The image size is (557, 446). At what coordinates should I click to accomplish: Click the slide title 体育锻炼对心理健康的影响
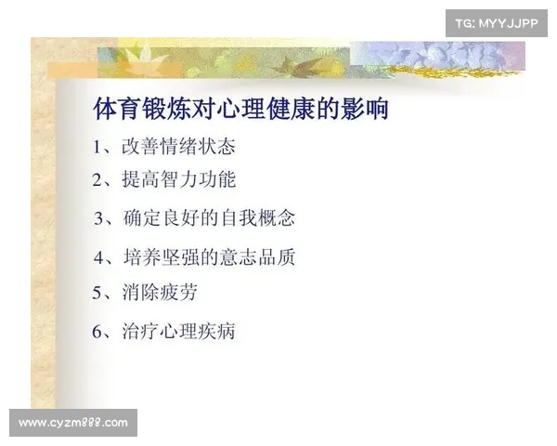point(240,109)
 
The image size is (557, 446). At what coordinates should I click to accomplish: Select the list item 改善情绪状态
point(177,147)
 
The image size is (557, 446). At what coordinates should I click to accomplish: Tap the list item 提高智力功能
point(178,180)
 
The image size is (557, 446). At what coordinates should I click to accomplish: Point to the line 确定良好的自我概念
point(208,218)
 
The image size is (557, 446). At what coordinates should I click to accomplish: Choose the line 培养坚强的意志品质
point(208,256)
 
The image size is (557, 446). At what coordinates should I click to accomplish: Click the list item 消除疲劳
point(159,293)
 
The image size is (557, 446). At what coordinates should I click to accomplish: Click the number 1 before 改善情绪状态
point(97,147)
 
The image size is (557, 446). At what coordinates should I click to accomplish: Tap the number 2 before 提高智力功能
point(97,180)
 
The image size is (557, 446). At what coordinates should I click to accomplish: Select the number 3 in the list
point(99,219)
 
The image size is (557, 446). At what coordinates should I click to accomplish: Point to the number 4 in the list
point(98,256)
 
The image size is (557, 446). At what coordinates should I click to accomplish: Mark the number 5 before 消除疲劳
point(97,294)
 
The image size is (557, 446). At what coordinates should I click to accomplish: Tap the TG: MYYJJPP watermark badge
point(497,23)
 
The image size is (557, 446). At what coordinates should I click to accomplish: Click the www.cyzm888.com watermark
point(73,423)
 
